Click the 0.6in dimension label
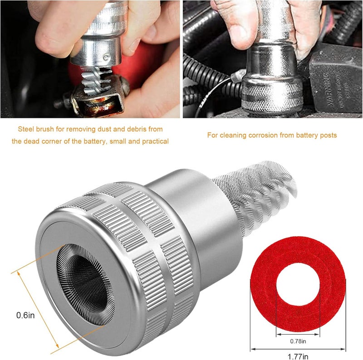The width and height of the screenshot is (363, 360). point(25,315)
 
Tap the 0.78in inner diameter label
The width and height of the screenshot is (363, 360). point(298,341)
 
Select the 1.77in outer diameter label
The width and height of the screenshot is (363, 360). point(298,356)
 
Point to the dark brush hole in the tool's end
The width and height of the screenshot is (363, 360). point(86,284)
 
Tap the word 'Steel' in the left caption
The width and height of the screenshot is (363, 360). point(26,129)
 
